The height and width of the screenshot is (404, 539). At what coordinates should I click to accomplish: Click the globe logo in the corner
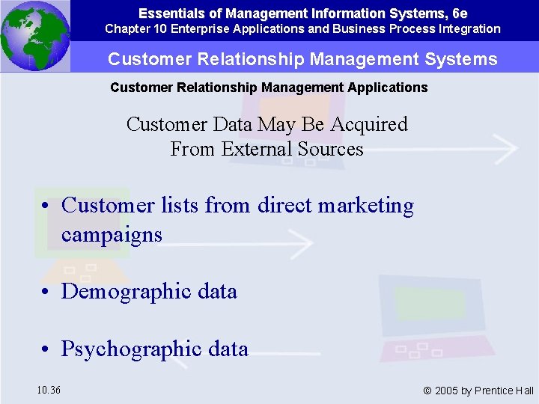[x=34, y=35]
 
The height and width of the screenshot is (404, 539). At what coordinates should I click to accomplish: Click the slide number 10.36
[x=49, y=390]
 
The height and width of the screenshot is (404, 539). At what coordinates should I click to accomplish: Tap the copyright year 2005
[x=447, y=391]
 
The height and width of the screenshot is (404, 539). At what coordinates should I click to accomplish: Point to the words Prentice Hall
[x=505, y=391]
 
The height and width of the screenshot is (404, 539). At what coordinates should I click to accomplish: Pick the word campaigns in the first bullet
[x=112, y=235]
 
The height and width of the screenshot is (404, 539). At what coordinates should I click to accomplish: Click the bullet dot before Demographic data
[x=46, y=292]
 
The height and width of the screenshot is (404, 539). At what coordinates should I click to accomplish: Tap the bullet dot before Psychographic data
[x=46, y=349]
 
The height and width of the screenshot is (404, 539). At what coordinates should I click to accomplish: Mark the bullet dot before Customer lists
[x=46, y=206]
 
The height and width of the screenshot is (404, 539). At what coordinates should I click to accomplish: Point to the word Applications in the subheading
[x=389, y=88]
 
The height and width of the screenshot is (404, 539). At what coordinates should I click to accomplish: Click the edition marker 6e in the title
[x=459, y=13]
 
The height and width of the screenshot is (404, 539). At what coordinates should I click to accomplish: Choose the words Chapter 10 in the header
[x=133, y=29]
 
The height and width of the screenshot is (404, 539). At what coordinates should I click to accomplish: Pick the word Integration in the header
[x=469, y=29]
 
